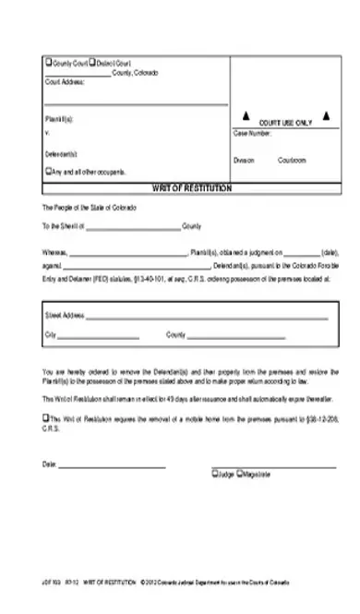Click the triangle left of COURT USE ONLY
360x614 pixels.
pyautogui.click(x=246, y=117)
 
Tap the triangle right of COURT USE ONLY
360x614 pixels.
pyautogui.click(x=326, y=117)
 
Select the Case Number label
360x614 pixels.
pyautogui.click(x=252, y=133)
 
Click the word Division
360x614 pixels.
pyautogui.click(x=244, y=160)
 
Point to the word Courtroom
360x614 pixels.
pyautogui.click(x=292, y=160)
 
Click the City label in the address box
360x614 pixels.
pyautogui.click(x=51, y=333)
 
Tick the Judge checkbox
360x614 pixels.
pyautogui.click(x=214, y=475)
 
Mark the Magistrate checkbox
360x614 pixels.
pyautogui.click(x=240, y=475)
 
